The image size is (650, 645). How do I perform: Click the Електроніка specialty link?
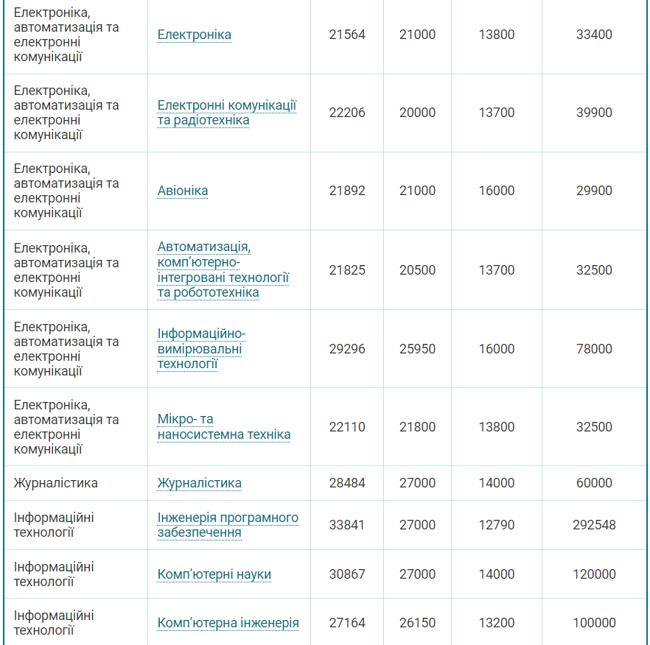(x=194, y=35)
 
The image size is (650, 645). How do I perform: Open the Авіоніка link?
(x=183, y=191)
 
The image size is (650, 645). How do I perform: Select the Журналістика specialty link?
(x=199, y=483)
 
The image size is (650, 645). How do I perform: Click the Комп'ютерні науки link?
(x=214, y=574)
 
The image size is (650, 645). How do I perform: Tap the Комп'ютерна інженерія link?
(x=228, y=623)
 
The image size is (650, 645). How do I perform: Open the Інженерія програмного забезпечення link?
(x=228, y=525)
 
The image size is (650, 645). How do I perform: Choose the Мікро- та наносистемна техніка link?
(x=223, y=427)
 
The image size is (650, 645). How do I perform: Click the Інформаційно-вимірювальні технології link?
(x=201, y=349)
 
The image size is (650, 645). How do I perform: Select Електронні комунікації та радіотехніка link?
(x=226, y=113)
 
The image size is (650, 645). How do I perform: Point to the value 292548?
(x=594, y=525)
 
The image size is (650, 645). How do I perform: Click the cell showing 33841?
(x=347, y=525)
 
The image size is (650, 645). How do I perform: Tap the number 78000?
(x=594, y=349)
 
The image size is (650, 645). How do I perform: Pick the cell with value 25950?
(x=417, y=349)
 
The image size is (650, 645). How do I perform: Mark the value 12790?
(x=497, y=525)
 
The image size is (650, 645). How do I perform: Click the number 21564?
(x=347, y=35)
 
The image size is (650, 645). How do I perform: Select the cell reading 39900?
(x=594, y=113)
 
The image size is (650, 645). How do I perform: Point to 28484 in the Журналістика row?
(x=347, y=483)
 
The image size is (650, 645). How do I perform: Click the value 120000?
(x=594, y=574)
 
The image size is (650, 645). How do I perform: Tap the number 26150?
(x=417, y=623)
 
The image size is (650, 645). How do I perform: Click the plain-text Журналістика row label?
(x=55, y=483)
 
